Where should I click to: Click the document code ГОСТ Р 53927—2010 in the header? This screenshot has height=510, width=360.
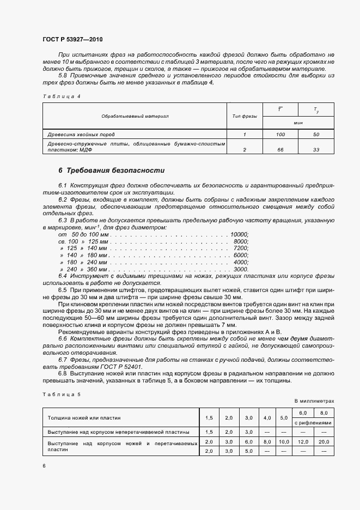pos(73,40)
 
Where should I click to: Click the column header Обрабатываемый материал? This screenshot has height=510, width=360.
pos(135,116)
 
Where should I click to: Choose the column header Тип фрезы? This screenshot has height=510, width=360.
pos(245,116)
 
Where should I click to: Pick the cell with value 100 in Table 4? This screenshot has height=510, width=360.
pos(280,134)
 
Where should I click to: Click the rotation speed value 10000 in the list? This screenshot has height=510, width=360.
pos(239,234)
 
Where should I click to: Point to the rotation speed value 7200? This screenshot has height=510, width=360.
pos(240,248)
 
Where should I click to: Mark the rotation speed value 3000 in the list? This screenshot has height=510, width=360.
pos(240,269)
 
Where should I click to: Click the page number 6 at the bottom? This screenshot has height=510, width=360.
pos(44,466)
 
